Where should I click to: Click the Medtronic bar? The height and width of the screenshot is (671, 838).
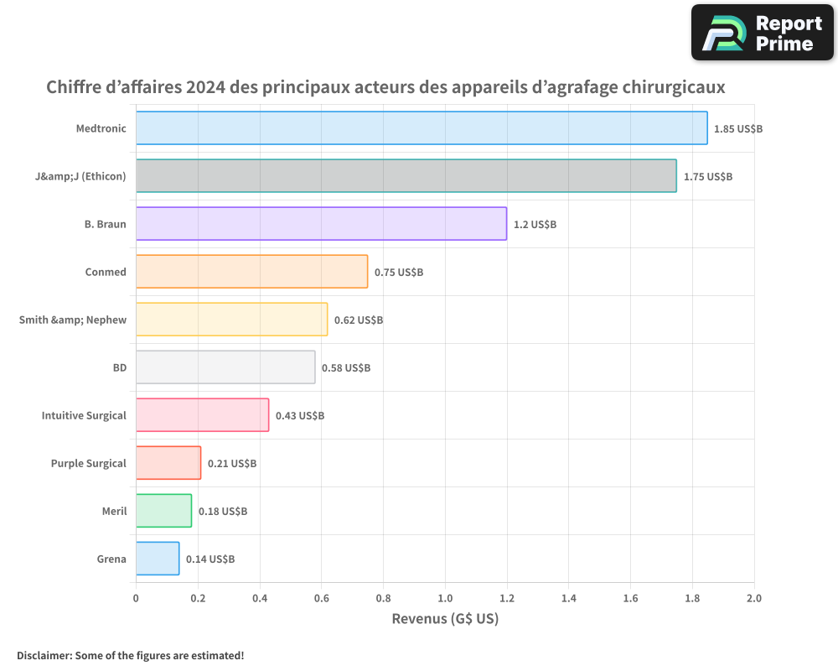[422, 128]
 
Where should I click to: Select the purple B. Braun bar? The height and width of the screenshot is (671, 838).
[321, 224]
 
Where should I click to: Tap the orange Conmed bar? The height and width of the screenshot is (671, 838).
[251, 272]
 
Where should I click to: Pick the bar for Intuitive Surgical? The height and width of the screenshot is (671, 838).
[202, 415]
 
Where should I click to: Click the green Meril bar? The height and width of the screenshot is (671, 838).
[163, 511]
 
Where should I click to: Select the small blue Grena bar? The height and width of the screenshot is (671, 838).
[158, 559]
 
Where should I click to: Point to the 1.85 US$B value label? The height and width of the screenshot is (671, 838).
[738, 129]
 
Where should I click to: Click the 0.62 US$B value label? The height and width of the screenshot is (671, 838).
[359, 320]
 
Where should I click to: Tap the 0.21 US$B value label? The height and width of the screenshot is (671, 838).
[232, 464]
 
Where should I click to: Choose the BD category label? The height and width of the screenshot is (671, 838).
[119, 367]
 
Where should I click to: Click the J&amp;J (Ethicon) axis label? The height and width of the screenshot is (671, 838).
[75, 176]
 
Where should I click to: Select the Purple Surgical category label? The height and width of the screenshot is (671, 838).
[88, 463]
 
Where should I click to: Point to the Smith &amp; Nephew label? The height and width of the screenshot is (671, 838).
[72, 320]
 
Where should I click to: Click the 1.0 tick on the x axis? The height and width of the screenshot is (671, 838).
[445, 599]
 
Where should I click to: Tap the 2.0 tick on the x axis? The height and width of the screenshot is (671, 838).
[753, 599]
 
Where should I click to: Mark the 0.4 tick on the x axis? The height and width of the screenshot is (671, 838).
[260, 599]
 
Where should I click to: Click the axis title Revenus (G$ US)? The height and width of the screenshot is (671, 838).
[445, 619]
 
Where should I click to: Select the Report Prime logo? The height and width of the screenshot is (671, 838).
[762, 33]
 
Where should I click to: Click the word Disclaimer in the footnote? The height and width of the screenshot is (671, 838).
[44, 655]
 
